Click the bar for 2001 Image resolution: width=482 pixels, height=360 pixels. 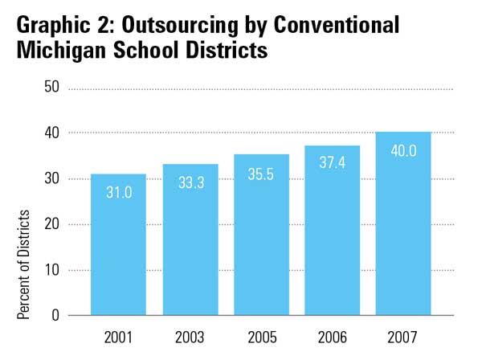pyautogui.click(x=119, y=249)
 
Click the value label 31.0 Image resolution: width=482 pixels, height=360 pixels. pyautogui.click(x=119, y=193)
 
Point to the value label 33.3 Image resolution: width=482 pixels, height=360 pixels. pyautogui.click(x=190, y=183)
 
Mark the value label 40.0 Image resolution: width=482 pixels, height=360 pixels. pyautogui.click(x=403, y=150)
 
